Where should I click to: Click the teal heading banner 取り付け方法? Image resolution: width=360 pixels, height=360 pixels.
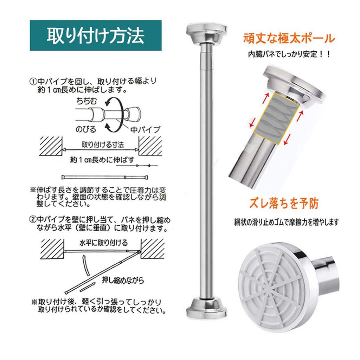(96, 36)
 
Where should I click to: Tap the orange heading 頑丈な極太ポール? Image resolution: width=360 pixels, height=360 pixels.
(289, 38)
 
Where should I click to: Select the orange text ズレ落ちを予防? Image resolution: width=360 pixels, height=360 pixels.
(284, 203)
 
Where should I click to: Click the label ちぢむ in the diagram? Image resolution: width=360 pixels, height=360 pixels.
(86, 101)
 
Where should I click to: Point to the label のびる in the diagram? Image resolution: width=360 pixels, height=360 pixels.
(86, 129)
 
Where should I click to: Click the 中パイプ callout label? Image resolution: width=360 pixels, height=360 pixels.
(145, 129)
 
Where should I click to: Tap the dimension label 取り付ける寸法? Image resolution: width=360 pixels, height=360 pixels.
(103, 144)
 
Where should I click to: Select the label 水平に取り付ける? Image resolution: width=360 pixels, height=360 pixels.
(103, 243)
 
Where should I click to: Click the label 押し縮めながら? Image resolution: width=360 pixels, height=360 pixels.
(123, 280)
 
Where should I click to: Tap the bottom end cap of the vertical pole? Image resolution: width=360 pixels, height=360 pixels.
(207, 308)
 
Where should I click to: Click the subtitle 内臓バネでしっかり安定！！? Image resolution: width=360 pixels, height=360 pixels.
(289, 54)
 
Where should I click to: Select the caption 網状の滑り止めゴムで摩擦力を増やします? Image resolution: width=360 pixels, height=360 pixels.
(286, 222)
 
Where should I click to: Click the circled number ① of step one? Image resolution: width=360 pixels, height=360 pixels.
(33, 82)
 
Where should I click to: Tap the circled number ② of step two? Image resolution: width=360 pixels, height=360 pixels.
(33, 220)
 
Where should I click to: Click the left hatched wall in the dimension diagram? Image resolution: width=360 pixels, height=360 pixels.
(51, 146)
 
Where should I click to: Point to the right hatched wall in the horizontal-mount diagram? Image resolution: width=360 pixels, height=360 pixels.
(152, 249)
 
